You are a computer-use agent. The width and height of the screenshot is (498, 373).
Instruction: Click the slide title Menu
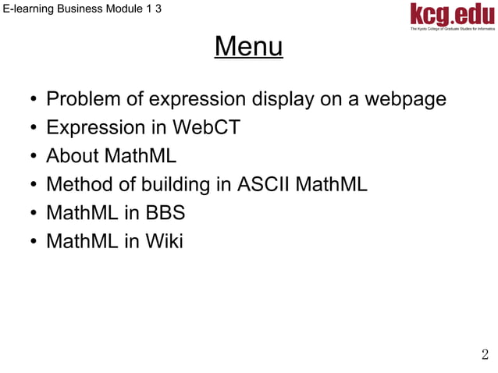[248, 48]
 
